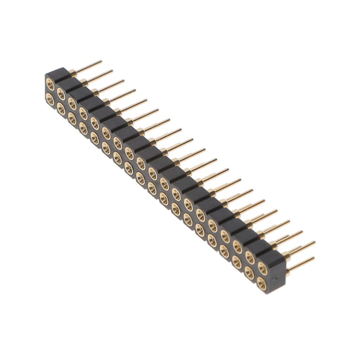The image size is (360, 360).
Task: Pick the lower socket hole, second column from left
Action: coord(61,106)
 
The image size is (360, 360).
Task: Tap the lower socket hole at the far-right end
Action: coord(262,281)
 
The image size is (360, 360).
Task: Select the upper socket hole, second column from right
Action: coord(250,259)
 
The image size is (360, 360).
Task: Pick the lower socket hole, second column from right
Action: coord(250,271)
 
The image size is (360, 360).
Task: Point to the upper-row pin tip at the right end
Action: coord(313,243)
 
